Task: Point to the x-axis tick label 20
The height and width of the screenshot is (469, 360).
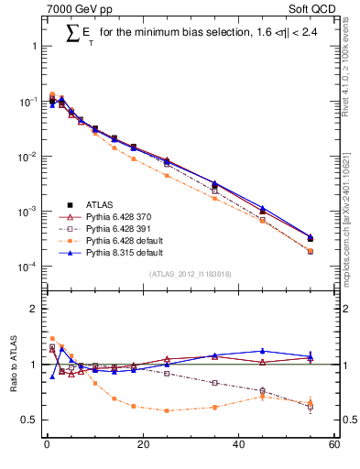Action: (x=142, y=445)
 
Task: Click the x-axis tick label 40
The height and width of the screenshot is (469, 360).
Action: (x=238, y=445)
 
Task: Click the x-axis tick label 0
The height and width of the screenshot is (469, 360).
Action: (x=46, y=445)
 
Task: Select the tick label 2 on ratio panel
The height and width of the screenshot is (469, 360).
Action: (x=34, y=309)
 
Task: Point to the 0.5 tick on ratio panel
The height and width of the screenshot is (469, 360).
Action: (x=30, y=420)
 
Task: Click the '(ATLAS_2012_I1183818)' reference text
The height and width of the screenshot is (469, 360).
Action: (x=189, y=274)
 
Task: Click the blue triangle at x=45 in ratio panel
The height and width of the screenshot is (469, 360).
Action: (x=262, y=351)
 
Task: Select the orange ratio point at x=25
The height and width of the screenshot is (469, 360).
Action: (x=166, y=410)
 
